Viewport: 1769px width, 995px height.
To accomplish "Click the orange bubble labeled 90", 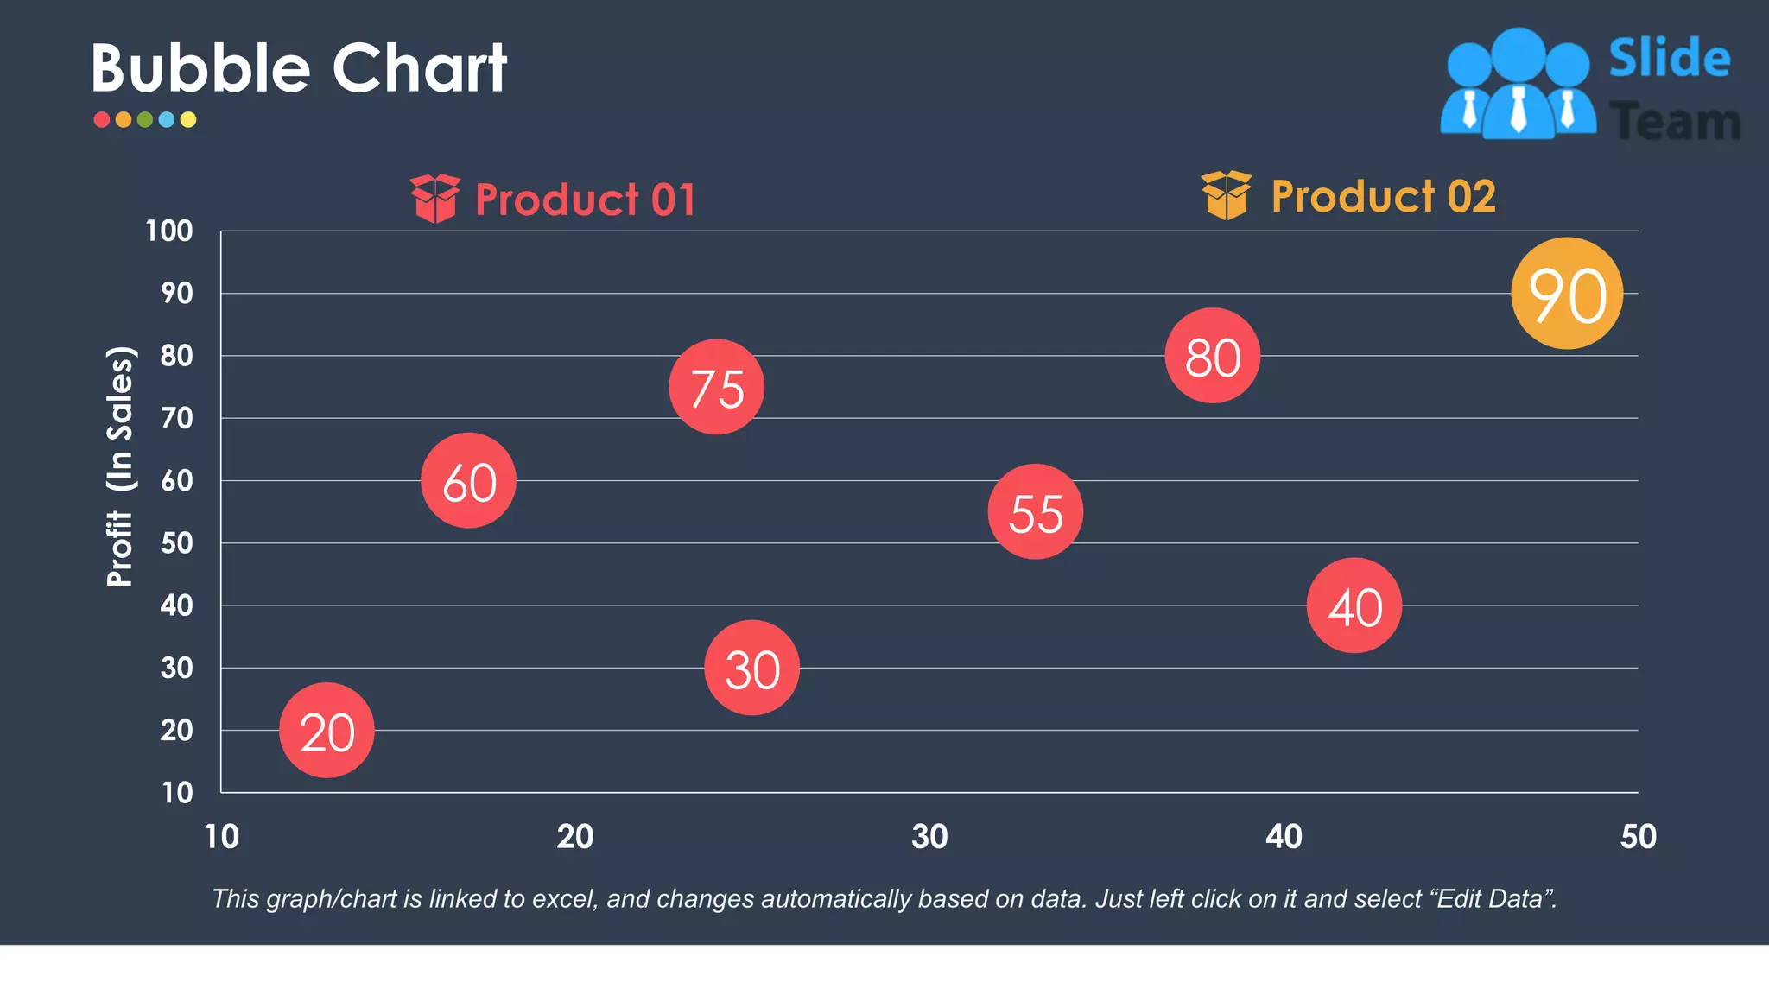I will (1567, 294).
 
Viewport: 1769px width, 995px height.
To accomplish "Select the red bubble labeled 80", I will (1212, 356).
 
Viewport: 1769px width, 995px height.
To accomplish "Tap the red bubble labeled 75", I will (716, 387).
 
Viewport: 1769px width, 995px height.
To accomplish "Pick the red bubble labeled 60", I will (468, 480).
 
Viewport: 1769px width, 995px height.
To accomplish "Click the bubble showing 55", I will (1035, 511).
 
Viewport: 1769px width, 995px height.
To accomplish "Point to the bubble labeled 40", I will (1354, 605).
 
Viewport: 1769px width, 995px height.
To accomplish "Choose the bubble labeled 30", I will (751, 668).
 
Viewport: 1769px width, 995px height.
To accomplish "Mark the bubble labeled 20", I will (327, 731).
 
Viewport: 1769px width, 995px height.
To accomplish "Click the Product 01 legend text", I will (585, 200).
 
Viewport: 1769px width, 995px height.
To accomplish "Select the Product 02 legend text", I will (1383, 197).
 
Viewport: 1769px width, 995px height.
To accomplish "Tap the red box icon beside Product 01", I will (434, 198).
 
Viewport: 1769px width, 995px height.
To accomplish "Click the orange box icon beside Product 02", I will (1226, 195).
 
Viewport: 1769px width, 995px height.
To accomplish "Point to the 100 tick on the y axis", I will (169, 231).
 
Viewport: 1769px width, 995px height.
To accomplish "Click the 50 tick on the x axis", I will (1638, 837).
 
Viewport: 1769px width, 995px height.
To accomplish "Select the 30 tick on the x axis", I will (929, 837).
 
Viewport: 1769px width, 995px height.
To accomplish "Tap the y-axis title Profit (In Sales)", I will (120, 466).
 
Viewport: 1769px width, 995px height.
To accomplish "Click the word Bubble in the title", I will (200, 68).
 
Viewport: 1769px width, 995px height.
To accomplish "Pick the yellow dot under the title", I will (188, 120).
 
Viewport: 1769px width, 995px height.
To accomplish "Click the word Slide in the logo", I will (1669, 59).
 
